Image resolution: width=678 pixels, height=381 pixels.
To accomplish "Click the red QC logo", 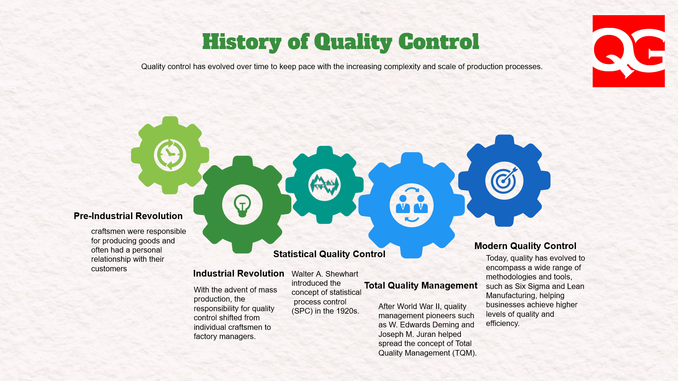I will (x=629, y=51).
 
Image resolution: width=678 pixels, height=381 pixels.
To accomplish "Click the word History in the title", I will (x=242, y=42).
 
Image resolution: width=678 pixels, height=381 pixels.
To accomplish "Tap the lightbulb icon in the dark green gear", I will (x=242, y=205).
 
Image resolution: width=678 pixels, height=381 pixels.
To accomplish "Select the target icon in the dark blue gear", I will (x=504, y=181).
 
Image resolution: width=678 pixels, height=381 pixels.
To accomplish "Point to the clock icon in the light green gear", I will (x=170, y=155).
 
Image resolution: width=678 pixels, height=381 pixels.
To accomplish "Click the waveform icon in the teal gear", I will (x=324, y=185).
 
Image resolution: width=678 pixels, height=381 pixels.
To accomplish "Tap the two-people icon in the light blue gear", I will (x=411, y=205).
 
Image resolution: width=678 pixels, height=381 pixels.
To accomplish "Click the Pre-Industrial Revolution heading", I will (x=128, y=216).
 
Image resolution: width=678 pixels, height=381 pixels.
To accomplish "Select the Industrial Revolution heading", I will (x=238, y=273).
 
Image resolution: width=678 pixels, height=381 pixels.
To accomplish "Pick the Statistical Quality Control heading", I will (x=329, y=254).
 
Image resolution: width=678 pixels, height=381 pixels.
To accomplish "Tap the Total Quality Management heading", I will (x=421, y=285).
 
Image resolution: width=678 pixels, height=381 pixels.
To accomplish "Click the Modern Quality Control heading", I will (x=525, y=246).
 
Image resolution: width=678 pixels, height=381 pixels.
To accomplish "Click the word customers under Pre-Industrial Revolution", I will (x=109, y=269).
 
